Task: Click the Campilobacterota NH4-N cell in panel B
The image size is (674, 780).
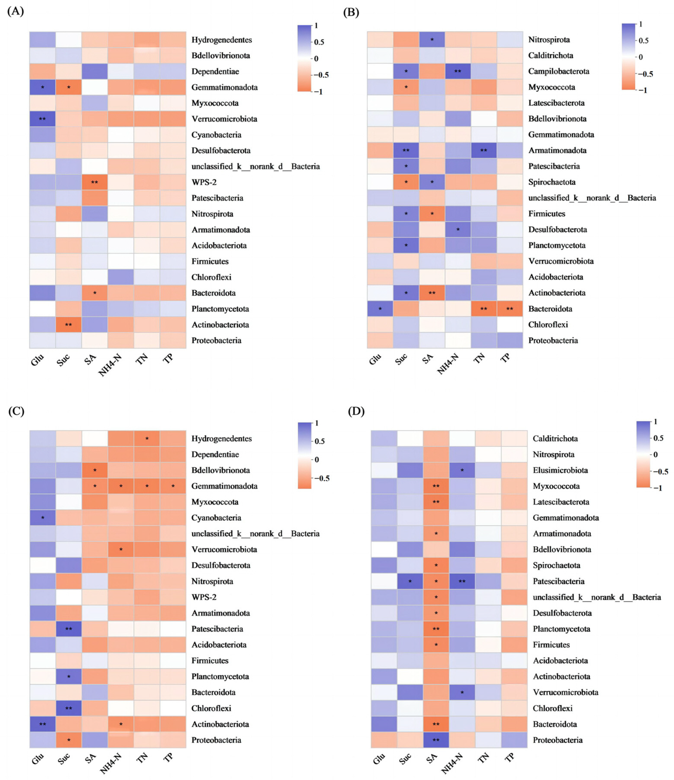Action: [x=458, y=71]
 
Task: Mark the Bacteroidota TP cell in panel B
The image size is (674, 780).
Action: [x=510, y=309]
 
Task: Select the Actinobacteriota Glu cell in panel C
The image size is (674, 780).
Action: [x=43, y=724]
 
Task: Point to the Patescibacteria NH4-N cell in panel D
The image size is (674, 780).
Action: [x=462, y=581]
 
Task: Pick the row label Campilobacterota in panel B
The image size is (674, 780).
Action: [x=559, y=71]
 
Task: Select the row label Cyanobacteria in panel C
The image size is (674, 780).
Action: [x=216, y=518]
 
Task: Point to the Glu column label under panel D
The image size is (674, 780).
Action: [x=380, y=759]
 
